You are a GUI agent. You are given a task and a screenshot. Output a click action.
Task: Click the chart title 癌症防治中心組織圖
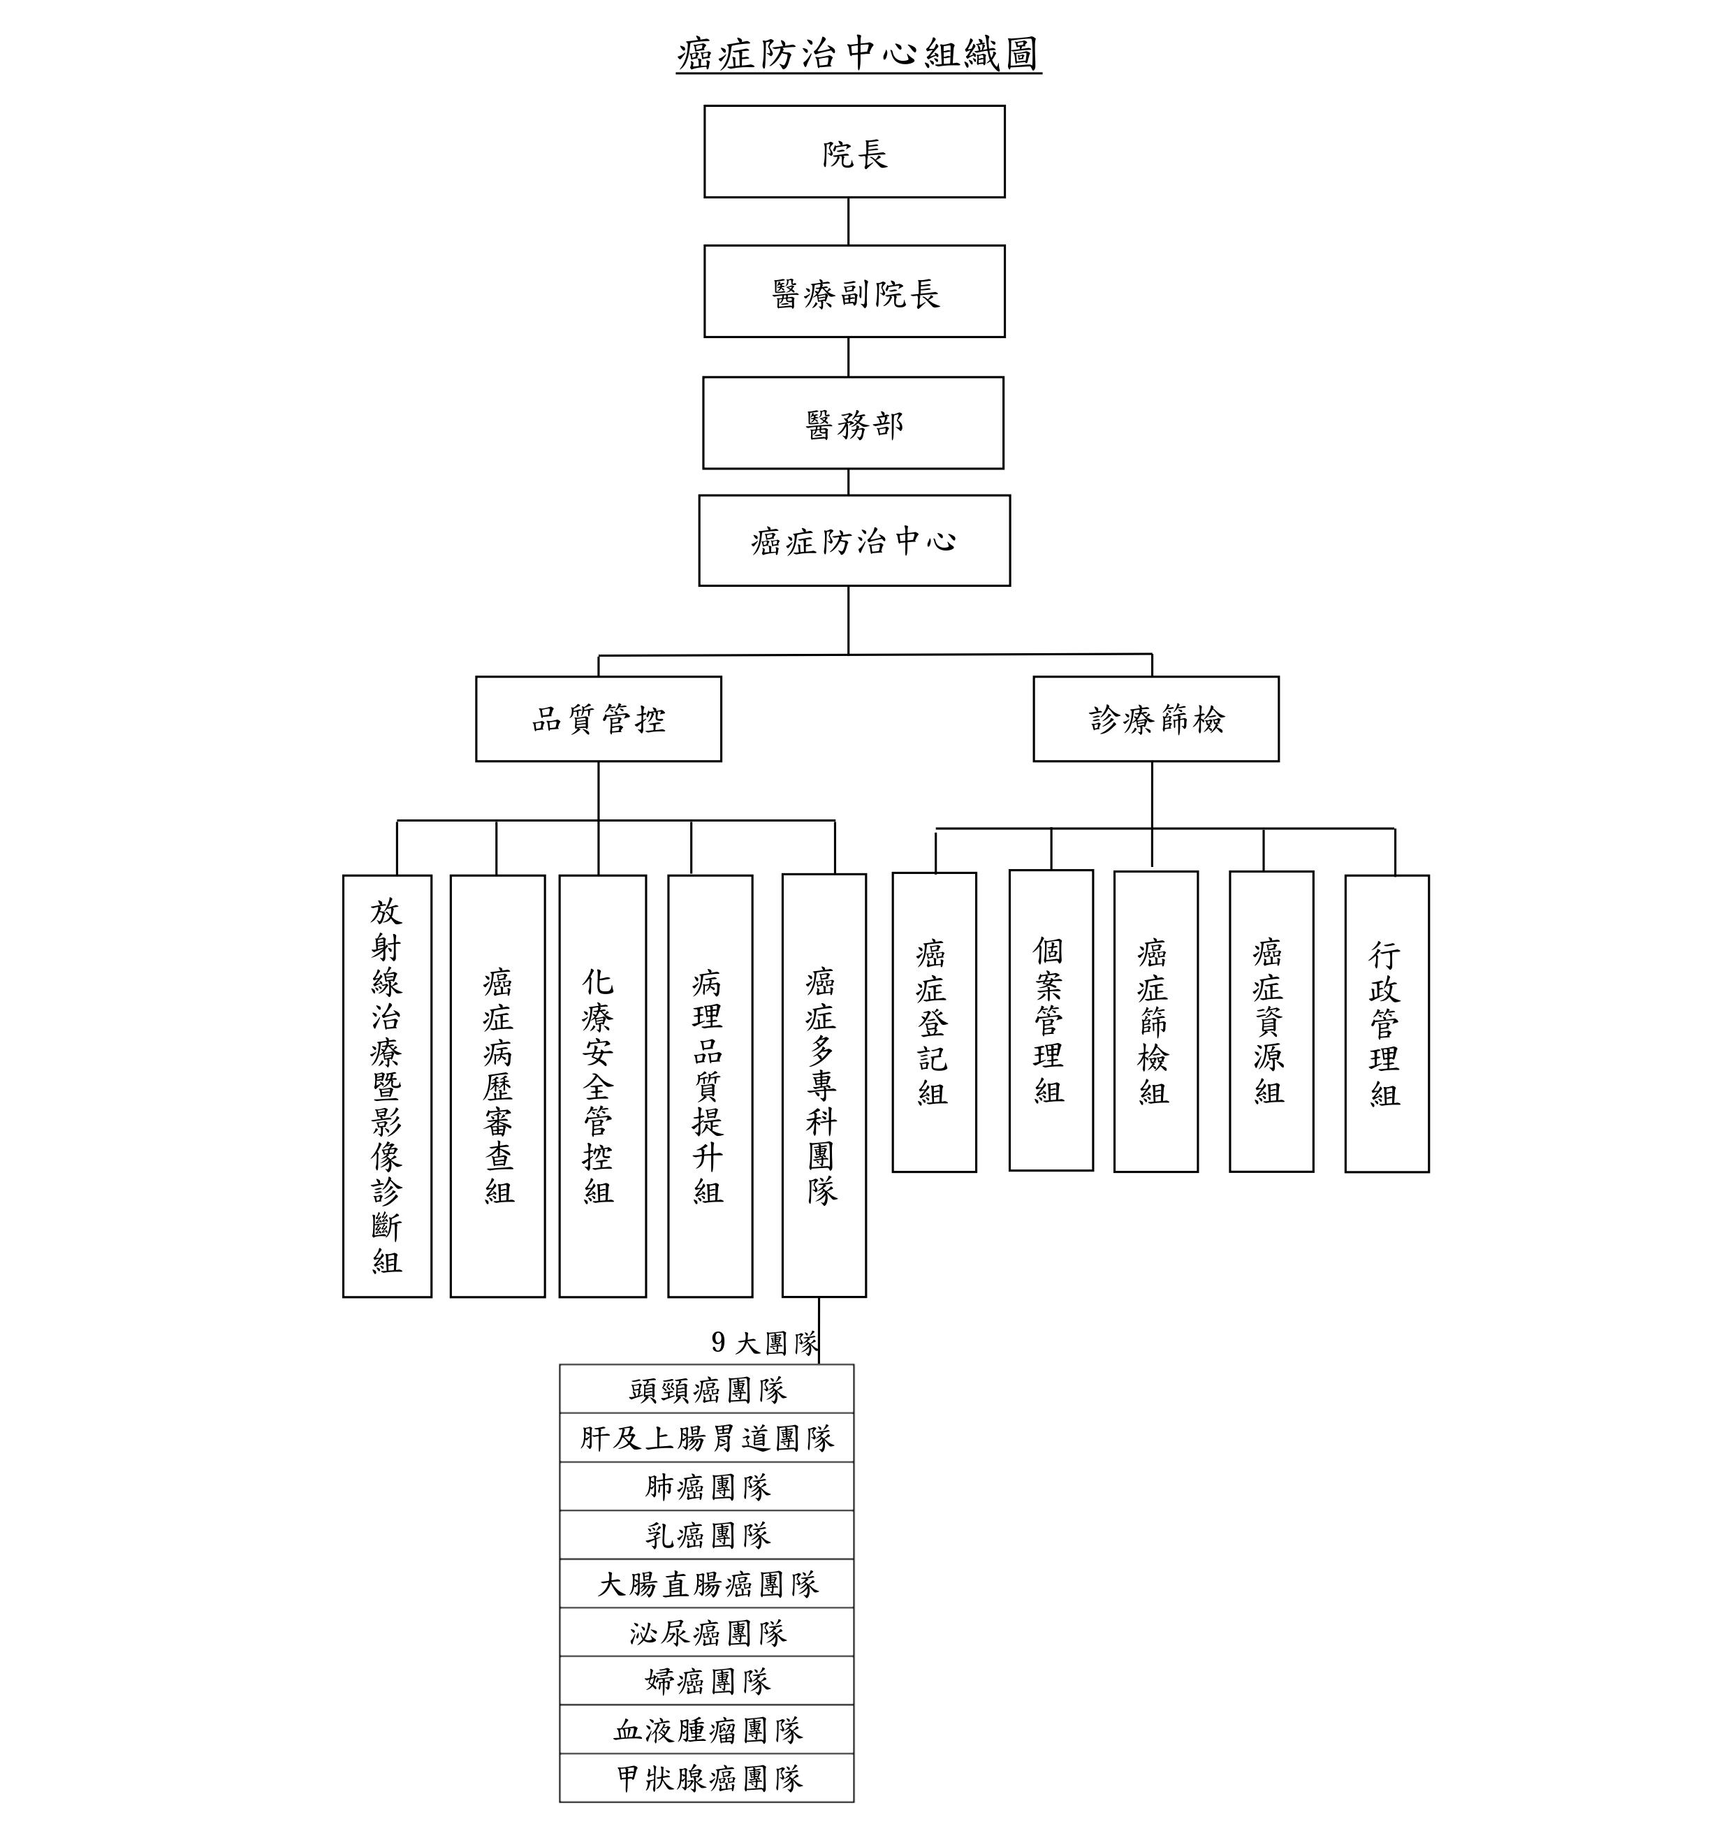point(858,54)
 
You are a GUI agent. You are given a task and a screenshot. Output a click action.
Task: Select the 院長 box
point(854,152)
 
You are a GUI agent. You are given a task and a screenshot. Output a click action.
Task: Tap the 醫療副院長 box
point(854,291)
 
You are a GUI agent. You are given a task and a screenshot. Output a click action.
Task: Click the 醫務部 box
point(853,423)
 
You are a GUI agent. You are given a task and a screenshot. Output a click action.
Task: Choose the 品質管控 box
point(599,719)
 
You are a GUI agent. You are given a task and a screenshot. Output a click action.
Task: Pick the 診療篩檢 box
point(1156,719)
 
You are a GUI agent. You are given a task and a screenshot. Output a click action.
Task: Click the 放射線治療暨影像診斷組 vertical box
point(387,1086)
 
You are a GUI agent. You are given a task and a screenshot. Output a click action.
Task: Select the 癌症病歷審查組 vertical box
point(498,1086)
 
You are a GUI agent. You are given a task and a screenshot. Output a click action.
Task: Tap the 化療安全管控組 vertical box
point(602,1086)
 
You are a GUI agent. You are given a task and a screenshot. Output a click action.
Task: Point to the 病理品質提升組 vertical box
point(710,1086)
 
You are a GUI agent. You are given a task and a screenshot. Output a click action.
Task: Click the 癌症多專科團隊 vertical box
point(824,1086)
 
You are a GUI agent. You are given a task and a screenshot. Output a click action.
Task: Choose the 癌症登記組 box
point(934,1023)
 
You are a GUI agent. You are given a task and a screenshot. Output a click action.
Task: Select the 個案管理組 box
point(1051,1021)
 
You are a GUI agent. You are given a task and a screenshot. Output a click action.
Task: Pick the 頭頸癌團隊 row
point(707,1389)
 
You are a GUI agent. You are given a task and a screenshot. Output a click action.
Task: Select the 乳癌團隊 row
point(707,1535)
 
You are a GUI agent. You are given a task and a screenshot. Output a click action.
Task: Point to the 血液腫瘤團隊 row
point(707,1729)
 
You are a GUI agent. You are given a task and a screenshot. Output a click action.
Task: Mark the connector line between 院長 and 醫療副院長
point(849,221)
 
